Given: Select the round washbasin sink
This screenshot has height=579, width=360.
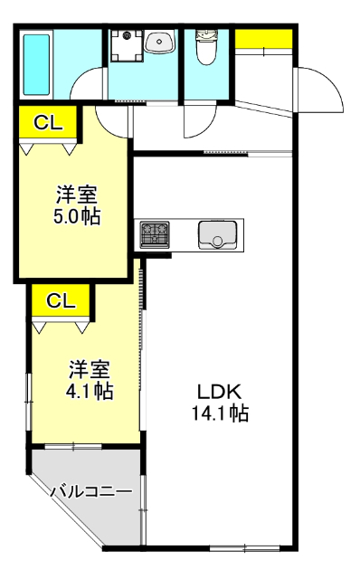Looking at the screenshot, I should click(x=161, y=42).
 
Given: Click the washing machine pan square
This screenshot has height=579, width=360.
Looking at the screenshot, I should click(x=127, y=45).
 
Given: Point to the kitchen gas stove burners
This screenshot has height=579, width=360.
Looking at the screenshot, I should click(x=154, y=234).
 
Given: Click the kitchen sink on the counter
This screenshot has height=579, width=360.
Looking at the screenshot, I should click(x=217, y=234).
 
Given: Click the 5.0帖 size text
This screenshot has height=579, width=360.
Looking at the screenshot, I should click(x=77, y=216).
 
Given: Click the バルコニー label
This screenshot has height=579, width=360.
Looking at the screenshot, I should click(x=90, y=492).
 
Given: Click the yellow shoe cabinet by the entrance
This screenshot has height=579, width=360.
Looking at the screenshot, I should click(x=263, y=39).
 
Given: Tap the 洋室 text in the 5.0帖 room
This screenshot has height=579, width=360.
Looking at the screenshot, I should click(x=77, y=195).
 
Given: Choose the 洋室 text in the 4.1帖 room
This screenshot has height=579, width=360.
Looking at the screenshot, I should click(x=90, y=369).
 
